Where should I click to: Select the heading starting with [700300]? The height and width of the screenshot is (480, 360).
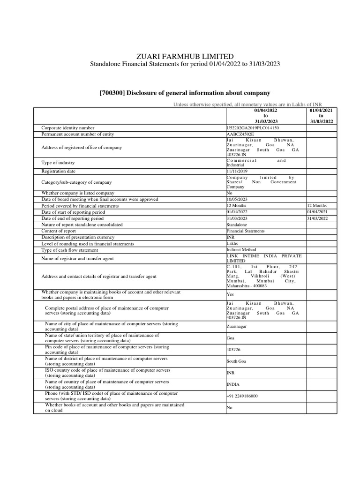click(x=185, y=93)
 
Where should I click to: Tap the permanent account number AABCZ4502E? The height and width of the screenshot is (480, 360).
click(x=239, y=134)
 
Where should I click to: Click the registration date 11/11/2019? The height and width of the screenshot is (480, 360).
click(x=237, y=172)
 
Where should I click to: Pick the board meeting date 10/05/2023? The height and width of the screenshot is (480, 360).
click(x=237, y=199)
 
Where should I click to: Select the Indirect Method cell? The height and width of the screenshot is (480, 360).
click(x=241, y=250)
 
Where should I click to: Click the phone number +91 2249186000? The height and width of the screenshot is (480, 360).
click(x=242, y=396)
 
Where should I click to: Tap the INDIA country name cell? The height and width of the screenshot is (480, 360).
click(x=233, y=384)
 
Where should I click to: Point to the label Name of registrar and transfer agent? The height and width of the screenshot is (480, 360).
click(x=78, y=258)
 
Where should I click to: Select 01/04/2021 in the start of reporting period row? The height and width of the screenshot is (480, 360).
click(x=317, y=212)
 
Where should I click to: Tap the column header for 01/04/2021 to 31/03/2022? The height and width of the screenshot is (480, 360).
click(x=321, y=115)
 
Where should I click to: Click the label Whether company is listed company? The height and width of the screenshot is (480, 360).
click(x=77, y=193)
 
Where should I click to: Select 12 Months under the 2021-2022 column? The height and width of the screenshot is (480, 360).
click(x=317, y=206)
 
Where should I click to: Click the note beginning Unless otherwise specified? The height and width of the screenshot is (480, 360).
click(x=247, y=104)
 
